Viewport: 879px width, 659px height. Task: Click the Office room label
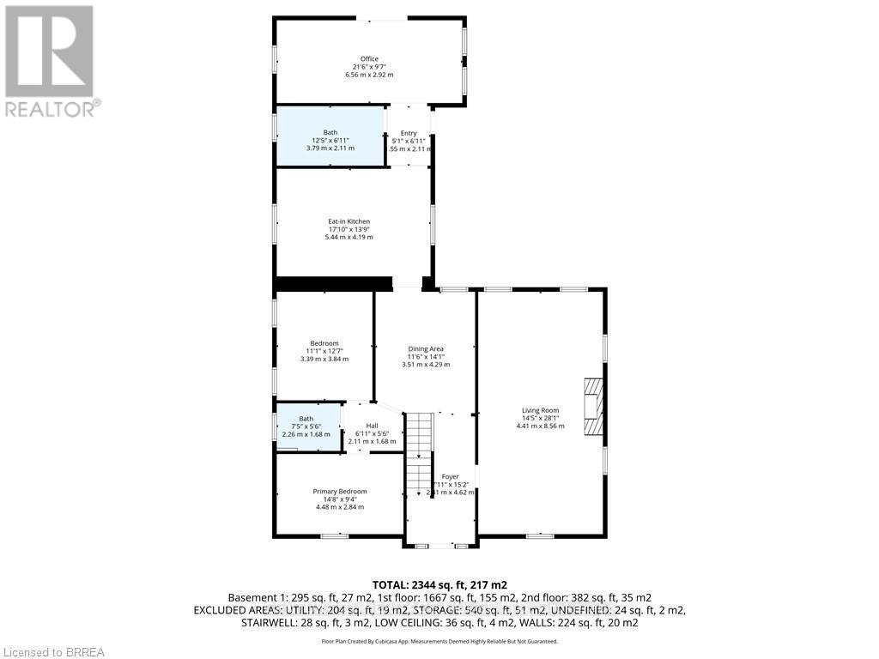[369, 58]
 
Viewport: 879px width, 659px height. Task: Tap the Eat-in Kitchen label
[324, 221]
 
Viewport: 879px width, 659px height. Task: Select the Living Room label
[540, 410]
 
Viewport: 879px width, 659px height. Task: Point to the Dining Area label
[425, 348]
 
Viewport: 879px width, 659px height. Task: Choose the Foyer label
[450, 476]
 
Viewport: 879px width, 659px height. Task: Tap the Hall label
[372, 426]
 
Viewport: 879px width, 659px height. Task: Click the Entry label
[409, 133]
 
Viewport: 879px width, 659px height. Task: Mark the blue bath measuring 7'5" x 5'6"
[307, 426]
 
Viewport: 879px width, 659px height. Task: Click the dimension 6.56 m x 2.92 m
[369, 76]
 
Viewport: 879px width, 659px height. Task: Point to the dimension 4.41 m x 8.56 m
[540, 426]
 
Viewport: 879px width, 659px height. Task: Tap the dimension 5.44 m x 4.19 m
[324, 237]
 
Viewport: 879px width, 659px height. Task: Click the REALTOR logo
[50, 61]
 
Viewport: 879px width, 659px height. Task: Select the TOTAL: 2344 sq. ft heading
[439, 583]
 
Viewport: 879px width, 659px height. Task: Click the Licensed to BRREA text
[53, 652]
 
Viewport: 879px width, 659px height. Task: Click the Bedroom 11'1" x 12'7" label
[324, 343]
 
